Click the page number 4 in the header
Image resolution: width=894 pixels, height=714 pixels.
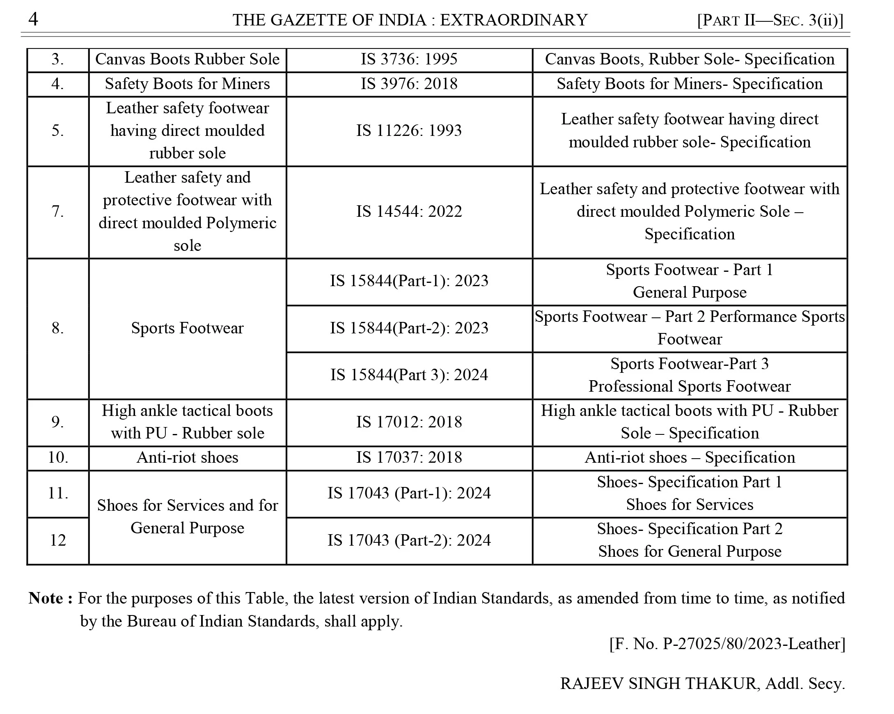[33, 19]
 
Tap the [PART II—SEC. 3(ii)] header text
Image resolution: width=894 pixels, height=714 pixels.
[770, 20]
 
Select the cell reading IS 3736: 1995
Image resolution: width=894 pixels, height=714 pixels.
[409, 59]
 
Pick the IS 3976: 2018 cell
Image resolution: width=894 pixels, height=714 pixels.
[409, 84]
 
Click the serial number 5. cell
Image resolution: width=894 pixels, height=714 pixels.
[57, 131]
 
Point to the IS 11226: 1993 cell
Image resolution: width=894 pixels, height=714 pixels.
[409, 131]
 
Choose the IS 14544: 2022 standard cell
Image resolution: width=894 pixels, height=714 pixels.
[409, 211]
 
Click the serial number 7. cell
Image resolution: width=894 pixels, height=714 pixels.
[57, 211]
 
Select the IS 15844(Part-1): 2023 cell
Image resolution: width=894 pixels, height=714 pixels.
[409, 281]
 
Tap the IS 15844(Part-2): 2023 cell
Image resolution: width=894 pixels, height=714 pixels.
[409, 328]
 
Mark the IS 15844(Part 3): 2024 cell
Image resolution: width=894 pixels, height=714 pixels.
[409, 375]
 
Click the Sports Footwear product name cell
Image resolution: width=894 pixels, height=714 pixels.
[188, 328]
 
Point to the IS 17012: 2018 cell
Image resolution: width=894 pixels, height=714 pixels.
[409, 422]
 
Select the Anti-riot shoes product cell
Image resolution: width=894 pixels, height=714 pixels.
[188, 458]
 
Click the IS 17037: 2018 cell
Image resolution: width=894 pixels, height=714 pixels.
[409, 458]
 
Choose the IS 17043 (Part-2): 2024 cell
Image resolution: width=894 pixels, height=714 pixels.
[409, 540]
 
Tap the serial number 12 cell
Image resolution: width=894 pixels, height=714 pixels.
[57, 540]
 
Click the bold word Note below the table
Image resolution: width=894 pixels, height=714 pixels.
[46, 598]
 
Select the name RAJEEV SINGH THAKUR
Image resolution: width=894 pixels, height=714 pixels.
[659, 683]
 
